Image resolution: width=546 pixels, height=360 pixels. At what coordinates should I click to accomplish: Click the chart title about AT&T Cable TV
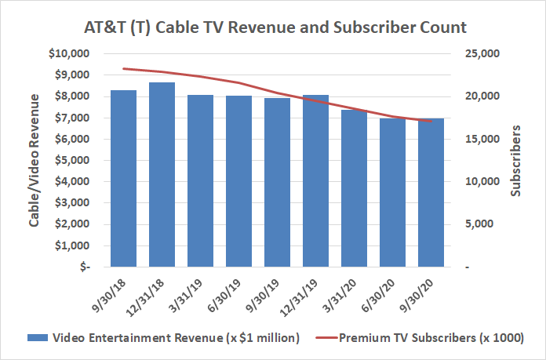point(275,27)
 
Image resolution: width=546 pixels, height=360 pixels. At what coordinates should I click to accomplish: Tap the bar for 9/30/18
point(123,178)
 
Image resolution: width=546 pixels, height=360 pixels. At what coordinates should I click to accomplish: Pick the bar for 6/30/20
point(392,192)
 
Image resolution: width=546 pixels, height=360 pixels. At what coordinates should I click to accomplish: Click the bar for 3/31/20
point(354,188)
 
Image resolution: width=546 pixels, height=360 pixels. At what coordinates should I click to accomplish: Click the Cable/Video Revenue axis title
point(35,160)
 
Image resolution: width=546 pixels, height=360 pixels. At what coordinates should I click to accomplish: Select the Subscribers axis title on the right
point(515,160)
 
